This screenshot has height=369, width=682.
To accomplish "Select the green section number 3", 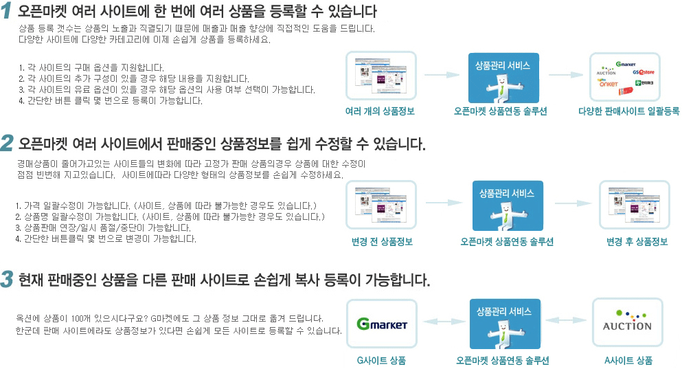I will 7,279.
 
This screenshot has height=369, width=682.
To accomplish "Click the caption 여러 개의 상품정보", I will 380,111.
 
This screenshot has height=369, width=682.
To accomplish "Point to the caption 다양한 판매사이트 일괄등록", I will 628,111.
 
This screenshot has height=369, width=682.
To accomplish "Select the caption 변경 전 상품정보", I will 381,242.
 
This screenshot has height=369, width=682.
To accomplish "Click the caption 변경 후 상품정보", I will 637,242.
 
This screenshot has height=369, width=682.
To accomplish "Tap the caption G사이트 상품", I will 381,361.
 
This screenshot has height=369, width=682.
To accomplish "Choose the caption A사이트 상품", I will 628,361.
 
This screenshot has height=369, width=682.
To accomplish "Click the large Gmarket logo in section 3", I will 382,324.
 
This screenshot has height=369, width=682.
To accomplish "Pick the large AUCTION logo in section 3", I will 627,323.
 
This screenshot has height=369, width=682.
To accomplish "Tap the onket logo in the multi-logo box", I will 609,84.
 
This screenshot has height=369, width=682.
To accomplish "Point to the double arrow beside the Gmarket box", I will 442,321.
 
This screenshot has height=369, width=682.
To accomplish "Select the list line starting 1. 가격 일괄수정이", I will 166,206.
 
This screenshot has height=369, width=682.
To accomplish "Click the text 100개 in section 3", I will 80,319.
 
